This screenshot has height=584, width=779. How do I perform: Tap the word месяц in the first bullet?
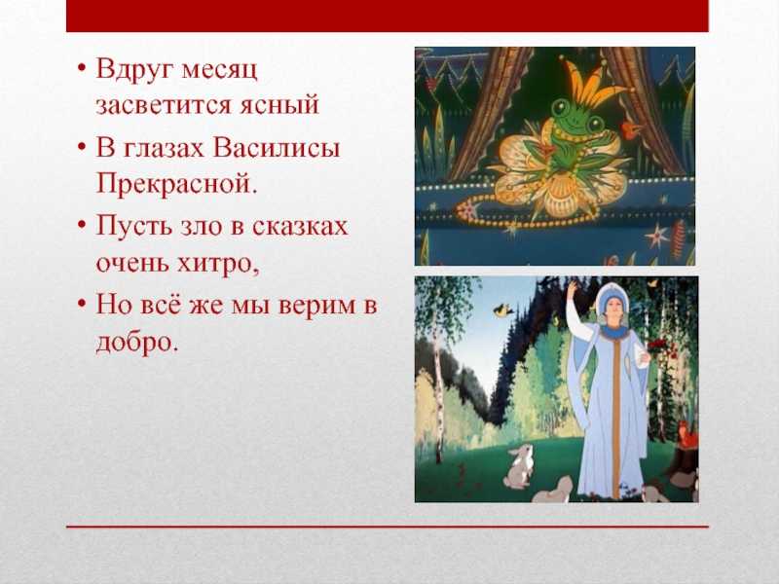click(x=220, y=69)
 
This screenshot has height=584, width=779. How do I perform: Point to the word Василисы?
click(x=277, y=148)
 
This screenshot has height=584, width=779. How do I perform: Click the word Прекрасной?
click(x=177, y=183)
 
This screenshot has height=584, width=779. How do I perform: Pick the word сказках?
click(x=300, y=226)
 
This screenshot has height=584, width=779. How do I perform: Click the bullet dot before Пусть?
click(x=83, y=225)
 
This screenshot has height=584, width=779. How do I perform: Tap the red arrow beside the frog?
click(x=627, y=130)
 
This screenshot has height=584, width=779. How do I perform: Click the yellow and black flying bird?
click(x=504, y=310)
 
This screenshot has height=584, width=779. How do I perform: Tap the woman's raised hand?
click(x=573, y=287)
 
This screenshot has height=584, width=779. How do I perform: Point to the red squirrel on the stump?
click(x=688, y=432)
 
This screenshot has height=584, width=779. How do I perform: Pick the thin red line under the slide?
click(x=388, y=527)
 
